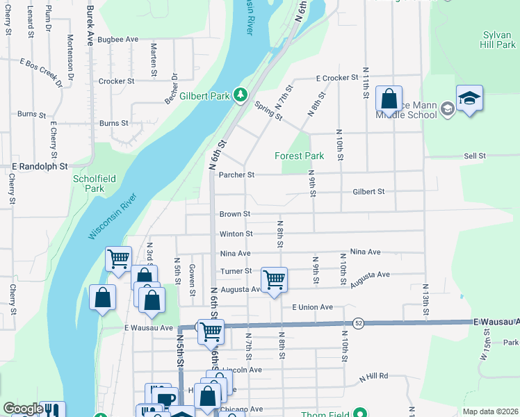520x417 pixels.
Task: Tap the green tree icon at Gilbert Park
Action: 241,94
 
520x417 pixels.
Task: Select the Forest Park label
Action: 299,156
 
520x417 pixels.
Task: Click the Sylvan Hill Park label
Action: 498,39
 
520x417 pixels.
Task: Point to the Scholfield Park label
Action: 88,183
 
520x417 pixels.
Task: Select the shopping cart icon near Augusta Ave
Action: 275,280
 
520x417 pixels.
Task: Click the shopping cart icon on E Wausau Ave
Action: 209,332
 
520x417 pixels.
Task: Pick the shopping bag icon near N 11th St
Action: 389,98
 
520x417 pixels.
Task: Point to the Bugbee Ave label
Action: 118,40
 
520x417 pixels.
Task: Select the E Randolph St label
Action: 40,167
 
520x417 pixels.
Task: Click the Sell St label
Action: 475,156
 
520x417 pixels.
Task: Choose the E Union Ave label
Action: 312,307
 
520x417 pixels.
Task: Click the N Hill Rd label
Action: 373,377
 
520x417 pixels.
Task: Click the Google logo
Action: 23,409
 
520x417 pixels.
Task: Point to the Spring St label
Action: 268,111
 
